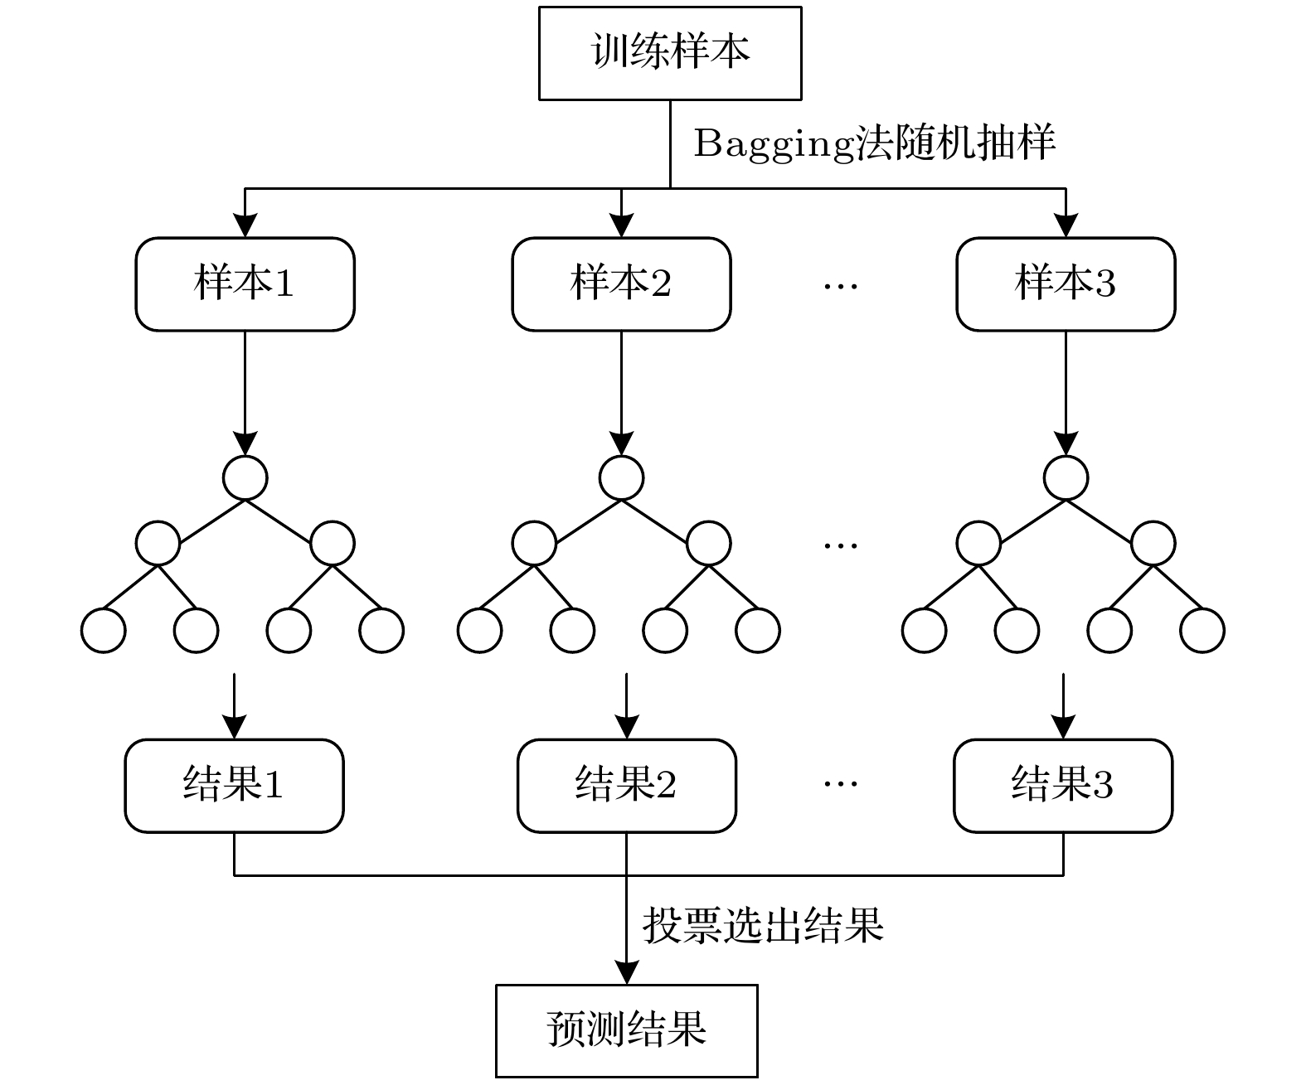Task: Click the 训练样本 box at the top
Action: coord(670,53)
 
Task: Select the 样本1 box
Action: coord(245,284)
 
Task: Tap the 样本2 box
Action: coord(621,284)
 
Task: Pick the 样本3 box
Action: coord(1066,284)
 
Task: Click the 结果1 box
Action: coord(234,785)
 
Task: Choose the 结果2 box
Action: coord(626,785)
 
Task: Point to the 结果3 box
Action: coord(1063,785)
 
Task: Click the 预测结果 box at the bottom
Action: coord(626,1030)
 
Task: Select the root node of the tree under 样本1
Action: coord(245,477)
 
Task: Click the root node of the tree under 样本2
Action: coord(621,477)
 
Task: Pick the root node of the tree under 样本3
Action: coord(1066,477)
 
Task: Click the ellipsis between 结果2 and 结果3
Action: coord(841,783)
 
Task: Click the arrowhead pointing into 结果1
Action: coord(235,728)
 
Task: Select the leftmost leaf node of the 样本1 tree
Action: coord(104,630)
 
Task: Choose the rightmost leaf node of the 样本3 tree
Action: coord(1202,630)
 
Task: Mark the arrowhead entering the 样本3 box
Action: coord(1066,226)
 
